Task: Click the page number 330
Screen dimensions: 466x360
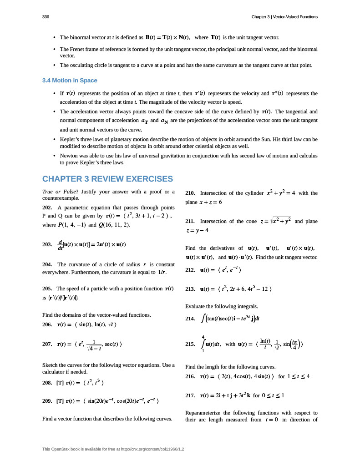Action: coord(46,17)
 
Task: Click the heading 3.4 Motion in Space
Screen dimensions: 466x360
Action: coord(70,81)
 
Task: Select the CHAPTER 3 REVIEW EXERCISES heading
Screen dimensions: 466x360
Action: coord(107,179)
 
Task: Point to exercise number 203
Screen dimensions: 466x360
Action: coord(47,244)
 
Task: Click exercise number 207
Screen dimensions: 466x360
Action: coord(47,344)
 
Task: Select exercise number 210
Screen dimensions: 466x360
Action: coord(191,193)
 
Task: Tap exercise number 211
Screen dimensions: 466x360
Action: coord(191,221)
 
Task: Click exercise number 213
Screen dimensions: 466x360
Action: coord(191,289)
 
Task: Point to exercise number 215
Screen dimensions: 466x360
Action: coord(191,344)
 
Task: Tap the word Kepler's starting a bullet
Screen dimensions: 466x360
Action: coord(70,139)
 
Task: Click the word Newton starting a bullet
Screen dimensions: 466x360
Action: coord(70,156)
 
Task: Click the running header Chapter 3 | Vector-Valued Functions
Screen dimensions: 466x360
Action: coord(284,17)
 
